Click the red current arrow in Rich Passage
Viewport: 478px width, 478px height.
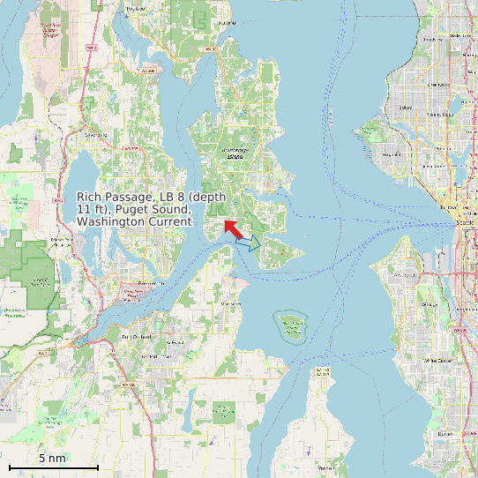pyautogui.click(x=233, y=229)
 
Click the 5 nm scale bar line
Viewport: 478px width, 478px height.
pyautogui.click(x=53, y=467)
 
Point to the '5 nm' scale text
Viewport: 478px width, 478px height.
pyautogui.click(x=52, y=458)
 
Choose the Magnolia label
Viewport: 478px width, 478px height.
pyautogui.click(x=393, y=151)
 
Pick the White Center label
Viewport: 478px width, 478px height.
pyautogui.click(x=437, y=360)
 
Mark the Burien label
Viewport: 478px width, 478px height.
pyautogui.click(x=445, y=433)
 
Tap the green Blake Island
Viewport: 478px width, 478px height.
pyautogui.click(x=290, y=326)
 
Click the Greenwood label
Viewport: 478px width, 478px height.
pyautogui.click(x=437, y=85)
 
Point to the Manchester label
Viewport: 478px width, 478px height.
pyautogui.click(x=231, y=303)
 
